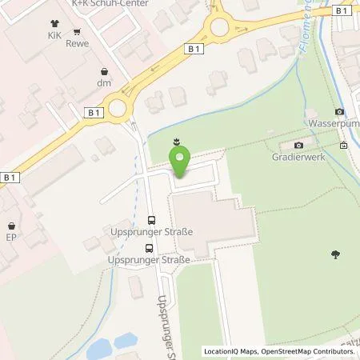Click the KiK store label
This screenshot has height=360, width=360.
click(x=53, y=37)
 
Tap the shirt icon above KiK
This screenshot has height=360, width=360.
click(x=53, y=24)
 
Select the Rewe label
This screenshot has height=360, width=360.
click(x=78, y=45)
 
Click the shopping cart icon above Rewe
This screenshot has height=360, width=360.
click(x=78, y=33)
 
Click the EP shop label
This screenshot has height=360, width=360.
click(x=12, y=238)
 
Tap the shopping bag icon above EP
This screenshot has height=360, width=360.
click(x=12, y=226)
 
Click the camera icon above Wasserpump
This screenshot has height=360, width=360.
click(x=340, y=111)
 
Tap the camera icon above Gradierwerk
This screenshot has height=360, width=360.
click(x=299, y=145)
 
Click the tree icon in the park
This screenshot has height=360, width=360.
click(x=334, y=255)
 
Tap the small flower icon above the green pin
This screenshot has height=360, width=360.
click(x=175, y=142)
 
